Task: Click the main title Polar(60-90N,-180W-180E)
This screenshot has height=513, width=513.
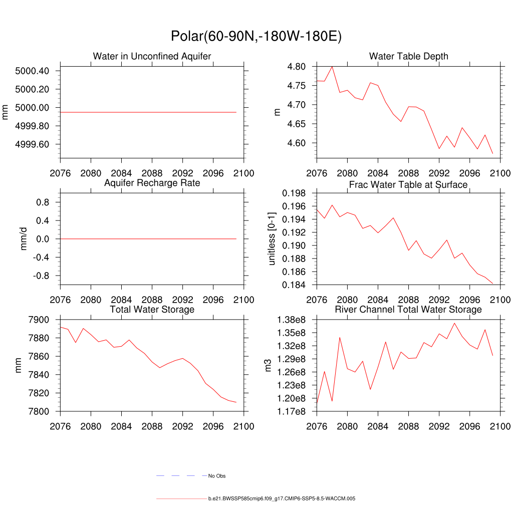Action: (256, 37)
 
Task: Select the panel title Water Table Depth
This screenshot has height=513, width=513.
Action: (408, 56)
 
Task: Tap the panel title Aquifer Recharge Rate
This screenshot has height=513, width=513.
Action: (152, 183)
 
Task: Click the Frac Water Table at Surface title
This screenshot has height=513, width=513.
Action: (408, 185)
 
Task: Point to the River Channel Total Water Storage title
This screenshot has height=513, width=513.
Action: (408, 310)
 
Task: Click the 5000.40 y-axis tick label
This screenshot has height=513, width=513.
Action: (32, 71)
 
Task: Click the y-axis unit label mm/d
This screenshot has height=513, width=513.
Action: (24, 239)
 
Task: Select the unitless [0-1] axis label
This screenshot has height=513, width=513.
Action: (272, 239)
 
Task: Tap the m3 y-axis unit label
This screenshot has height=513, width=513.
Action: (268, 365)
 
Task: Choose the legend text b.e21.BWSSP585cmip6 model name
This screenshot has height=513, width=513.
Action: (282, 499)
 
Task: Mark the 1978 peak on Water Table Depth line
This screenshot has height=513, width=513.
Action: (332, 67)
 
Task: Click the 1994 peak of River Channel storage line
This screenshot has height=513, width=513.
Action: (454, 323)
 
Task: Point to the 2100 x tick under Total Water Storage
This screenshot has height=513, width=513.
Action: (244, 426)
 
